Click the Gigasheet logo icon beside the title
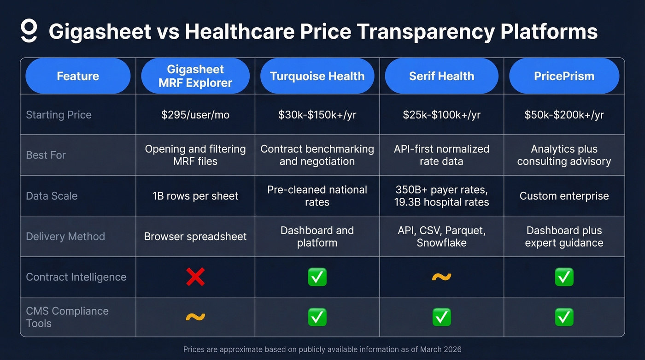coord(29,31)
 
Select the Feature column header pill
coord(78,76)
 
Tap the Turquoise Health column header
coord(317,76)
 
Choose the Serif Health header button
coord(441,76)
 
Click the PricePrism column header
coord(564,76)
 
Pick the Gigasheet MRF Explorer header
coord(195,76)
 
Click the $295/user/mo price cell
coord(195,115)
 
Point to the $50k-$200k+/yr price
coord(564,115)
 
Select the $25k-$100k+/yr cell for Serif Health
coord(441,115)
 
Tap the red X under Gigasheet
coord(195,277)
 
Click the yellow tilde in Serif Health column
coord(441,277)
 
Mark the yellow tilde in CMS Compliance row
coord(195,317)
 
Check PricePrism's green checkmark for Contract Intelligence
coord(564,277)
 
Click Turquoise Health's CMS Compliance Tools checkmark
coord(317,317)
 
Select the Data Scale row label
coord(52,196)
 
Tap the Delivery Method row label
coord(65,236)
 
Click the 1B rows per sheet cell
coord(195,196)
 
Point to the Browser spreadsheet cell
coord(195,236)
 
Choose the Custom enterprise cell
coord(564,196)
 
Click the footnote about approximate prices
coord(322,349)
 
